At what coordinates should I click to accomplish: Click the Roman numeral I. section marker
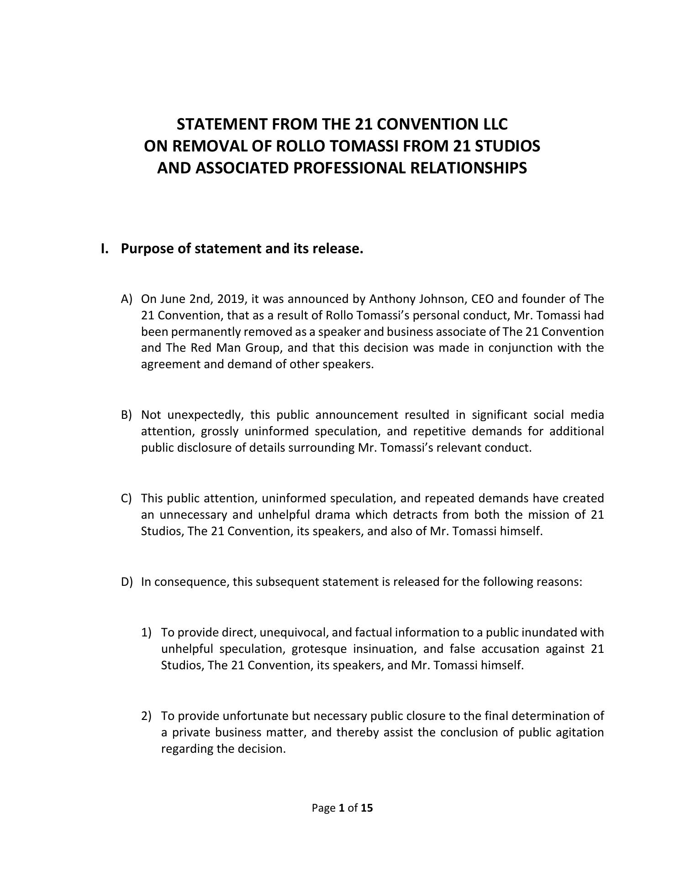(x=105, y=249)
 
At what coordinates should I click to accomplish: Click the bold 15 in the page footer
(x=367, y=808)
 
